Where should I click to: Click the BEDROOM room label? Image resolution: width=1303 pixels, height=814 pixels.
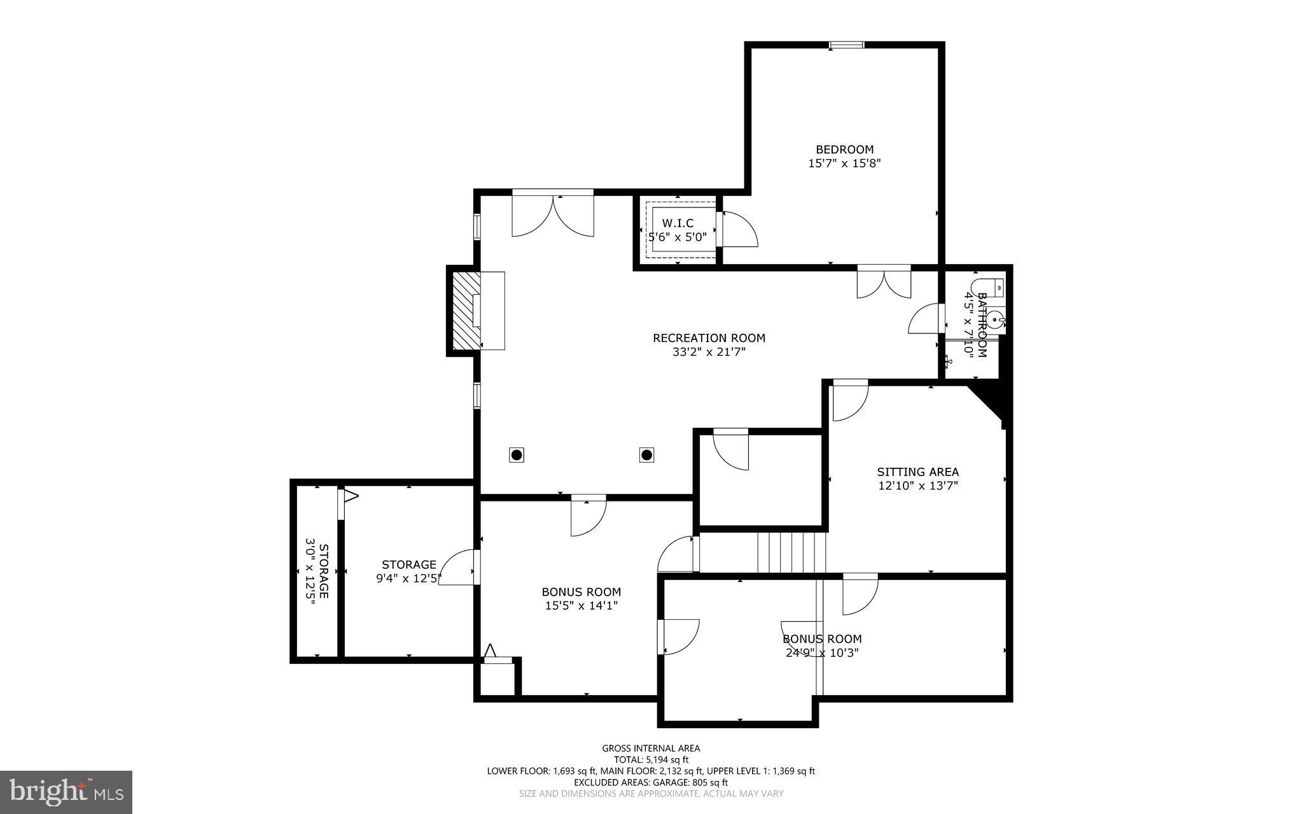(844, 150)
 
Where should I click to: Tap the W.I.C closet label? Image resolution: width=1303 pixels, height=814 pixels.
(678, 223)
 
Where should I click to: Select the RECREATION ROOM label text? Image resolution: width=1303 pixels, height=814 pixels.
(709, 338)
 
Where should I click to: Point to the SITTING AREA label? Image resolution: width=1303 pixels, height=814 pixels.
(917, 472)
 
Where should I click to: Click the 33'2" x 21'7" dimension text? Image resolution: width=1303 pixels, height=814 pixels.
(709, 351)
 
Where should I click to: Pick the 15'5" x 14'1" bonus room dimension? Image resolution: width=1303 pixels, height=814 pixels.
(581, 606)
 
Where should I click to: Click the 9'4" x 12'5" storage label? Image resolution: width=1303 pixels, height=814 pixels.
(408, 578)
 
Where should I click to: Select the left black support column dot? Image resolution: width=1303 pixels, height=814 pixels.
(517, 454)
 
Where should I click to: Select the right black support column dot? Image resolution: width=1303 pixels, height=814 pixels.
(646, 454)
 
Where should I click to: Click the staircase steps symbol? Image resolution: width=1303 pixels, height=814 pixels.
(791, 552)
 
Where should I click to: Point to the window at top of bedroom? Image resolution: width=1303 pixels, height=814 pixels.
(846, 45)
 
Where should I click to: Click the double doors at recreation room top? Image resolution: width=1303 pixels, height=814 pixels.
(553, 214)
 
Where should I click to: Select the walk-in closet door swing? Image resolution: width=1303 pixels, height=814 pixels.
(738, 229)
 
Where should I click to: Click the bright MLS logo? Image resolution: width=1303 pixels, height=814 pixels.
(66, 792)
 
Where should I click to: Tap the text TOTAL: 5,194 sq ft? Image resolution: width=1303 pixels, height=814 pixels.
(651, 760)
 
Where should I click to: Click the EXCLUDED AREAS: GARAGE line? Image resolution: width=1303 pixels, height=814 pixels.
(651, 782)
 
